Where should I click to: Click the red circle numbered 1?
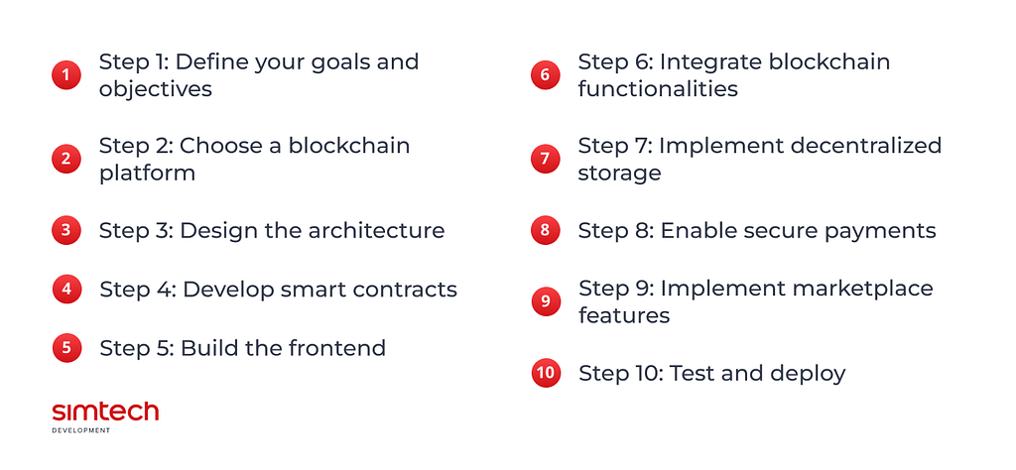tap(66, 75)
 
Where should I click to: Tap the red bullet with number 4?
tap(66, 289)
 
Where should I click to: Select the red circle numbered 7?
tap(545, 159)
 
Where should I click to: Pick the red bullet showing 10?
tap(546, 373)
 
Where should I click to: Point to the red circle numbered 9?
tap(546, 301)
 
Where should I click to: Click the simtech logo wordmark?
tap(105, 412)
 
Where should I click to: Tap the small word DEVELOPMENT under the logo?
tap(81, 430)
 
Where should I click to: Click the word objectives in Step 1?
tap(156, 89)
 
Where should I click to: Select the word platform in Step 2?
tap(147, 173)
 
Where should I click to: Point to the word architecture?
tap(376, 230)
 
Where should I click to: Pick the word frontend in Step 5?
tap(337, 348)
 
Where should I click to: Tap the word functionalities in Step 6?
tap(658, 88)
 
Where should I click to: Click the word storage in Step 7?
tap(619, 174)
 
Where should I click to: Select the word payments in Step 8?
tap(880, 231)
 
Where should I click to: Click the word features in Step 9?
tap(624, 315)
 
